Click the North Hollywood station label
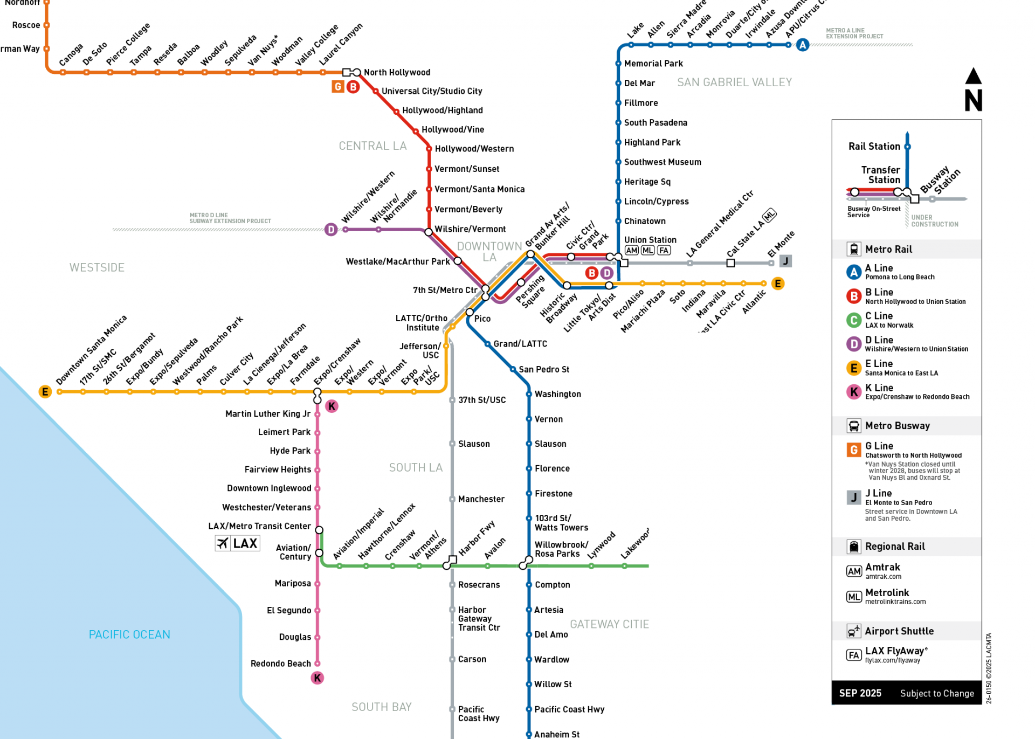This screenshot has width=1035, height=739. (x=397, y=72)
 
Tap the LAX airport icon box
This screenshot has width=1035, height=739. (x=237, y=543)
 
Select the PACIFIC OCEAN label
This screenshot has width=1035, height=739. (x=129, y=634)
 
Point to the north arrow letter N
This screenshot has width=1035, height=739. (x=974, y=100)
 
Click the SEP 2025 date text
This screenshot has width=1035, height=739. (x=860, y=693)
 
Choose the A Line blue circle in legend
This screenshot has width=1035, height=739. (x=854, y=272)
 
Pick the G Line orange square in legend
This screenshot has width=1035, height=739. (x=854, y=450)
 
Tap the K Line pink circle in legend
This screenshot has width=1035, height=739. (x=854, y=392)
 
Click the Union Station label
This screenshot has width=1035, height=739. (x=650, y=240)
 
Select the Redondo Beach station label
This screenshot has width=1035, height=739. (x=280, y=664)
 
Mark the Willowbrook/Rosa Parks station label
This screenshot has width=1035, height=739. (x=561, y=549)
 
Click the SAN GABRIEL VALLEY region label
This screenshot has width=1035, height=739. (x=734, y=82)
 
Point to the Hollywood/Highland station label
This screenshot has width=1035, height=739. (x=443, y=110)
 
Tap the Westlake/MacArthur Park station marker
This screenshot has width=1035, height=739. (x=458, y=261)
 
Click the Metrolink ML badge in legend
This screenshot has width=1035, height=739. (x=854, y=597)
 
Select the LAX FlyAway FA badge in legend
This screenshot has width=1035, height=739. (x=854, y=655)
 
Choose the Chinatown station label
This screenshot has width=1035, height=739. (x=645, y=221)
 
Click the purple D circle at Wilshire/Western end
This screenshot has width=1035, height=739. (x=331, y=230)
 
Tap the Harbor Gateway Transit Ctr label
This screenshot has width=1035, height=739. (x=479, y=619)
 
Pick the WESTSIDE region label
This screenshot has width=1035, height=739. (x=97, y=268)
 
